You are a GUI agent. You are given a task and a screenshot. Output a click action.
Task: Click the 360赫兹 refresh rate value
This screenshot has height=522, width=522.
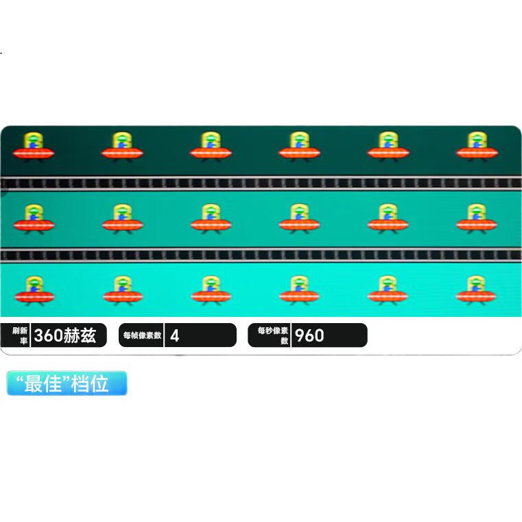click(x=65, y=335)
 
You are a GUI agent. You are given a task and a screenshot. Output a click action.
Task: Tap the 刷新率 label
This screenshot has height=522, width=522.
click(x=20, y=335)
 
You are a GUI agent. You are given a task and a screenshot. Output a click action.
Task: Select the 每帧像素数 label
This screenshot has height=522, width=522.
click(x=142, y=335)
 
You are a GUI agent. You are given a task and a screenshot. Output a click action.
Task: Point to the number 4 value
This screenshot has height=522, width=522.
click(x=174, y=335)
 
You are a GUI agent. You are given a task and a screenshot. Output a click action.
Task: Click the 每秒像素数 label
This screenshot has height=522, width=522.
click(x=273, y=335)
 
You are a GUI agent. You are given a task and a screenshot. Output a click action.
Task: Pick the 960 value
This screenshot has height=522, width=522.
click(x=309, y=335)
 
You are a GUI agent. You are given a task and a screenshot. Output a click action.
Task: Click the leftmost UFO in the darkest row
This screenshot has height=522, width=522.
click(x=34, y=147)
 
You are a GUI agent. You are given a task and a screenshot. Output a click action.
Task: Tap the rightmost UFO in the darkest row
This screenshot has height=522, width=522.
click(x=477, y=147)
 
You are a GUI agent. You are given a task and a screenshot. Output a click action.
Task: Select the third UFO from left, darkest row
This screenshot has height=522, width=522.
click(x=211, y=147)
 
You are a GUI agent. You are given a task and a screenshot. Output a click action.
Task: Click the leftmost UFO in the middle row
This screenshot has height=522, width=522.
click(x=34, y=219)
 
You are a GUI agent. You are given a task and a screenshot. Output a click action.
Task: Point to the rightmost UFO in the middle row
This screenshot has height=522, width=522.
click(x=477, y=219)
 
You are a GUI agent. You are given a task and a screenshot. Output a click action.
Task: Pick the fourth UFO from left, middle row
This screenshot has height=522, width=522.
click(x=299, y=219)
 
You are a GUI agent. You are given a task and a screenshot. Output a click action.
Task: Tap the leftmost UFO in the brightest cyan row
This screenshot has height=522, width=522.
click(x=34, y=291)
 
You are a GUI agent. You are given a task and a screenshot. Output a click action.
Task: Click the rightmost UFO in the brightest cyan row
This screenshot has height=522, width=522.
click(x=476, y=290)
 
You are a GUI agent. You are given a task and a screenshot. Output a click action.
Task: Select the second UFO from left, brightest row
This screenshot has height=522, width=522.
click(x=123, y=291)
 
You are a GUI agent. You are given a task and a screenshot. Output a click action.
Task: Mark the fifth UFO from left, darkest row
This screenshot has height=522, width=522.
click(x=388, y=147)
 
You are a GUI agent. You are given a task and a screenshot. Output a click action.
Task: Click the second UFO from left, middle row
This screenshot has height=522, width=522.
click(x=123, y=219)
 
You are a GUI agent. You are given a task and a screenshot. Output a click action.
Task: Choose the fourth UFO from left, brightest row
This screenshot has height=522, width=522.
click(x=299, y=290)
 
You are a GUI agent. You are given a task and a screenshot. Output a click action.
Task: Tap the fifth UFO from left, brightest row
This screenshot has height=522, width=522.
click(x=388, y=290)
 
